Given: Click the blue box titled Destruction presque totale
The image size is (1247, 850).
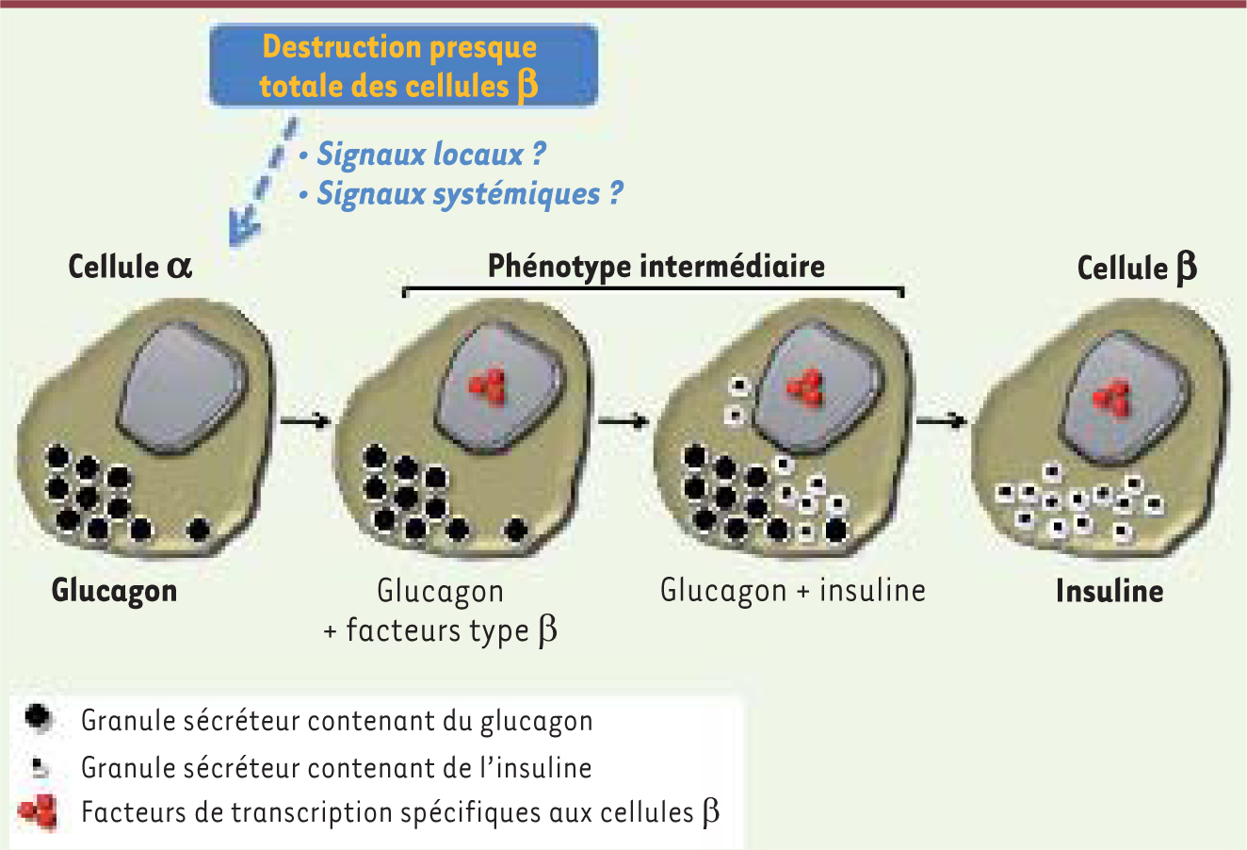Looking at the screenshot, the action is pos(404,65).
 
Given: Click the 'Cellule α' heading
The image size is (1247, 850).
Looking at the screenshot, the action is pos(130,267).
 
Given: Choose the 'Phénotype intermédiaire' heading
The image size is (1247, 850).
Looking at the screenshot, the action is pos(656,266).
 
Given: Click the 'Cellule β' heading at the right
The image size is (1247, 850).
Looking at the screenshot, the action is pos(1137,269).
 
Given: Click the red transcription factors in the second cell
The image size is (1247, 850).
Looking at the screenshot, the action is pos(487,384).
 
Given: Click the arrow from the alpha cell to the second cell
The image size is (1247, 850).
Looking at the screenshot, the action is pos(305,420).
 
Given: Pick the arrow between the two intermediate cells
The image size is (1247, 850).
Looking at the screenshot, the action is pos(623,420).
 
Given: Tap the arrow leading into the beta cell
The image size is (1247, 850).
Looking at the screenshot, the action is pos(942,420).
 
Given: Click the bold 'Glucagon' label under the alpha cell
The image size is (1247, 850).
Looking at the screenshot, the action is pos(114,592).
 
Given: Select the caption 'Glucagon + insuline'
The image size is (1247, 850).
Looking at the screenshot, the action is pos(793,591).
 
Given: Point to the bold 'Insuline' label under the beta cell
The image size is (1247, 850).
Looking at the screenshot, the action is pos(1109,591).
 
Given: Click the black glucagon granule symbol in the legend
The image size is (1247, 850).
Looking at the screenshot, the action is pos(38,717).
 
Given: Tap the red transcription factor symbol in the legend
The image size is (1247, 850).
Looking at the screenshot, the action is pos(38,811).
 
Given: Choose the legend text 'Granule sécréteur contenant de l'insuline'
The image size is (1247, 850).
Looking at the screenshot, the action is pos(336,768).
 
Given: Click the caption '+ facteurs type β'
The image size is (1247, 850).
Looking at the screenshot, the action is pos(441,631).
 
